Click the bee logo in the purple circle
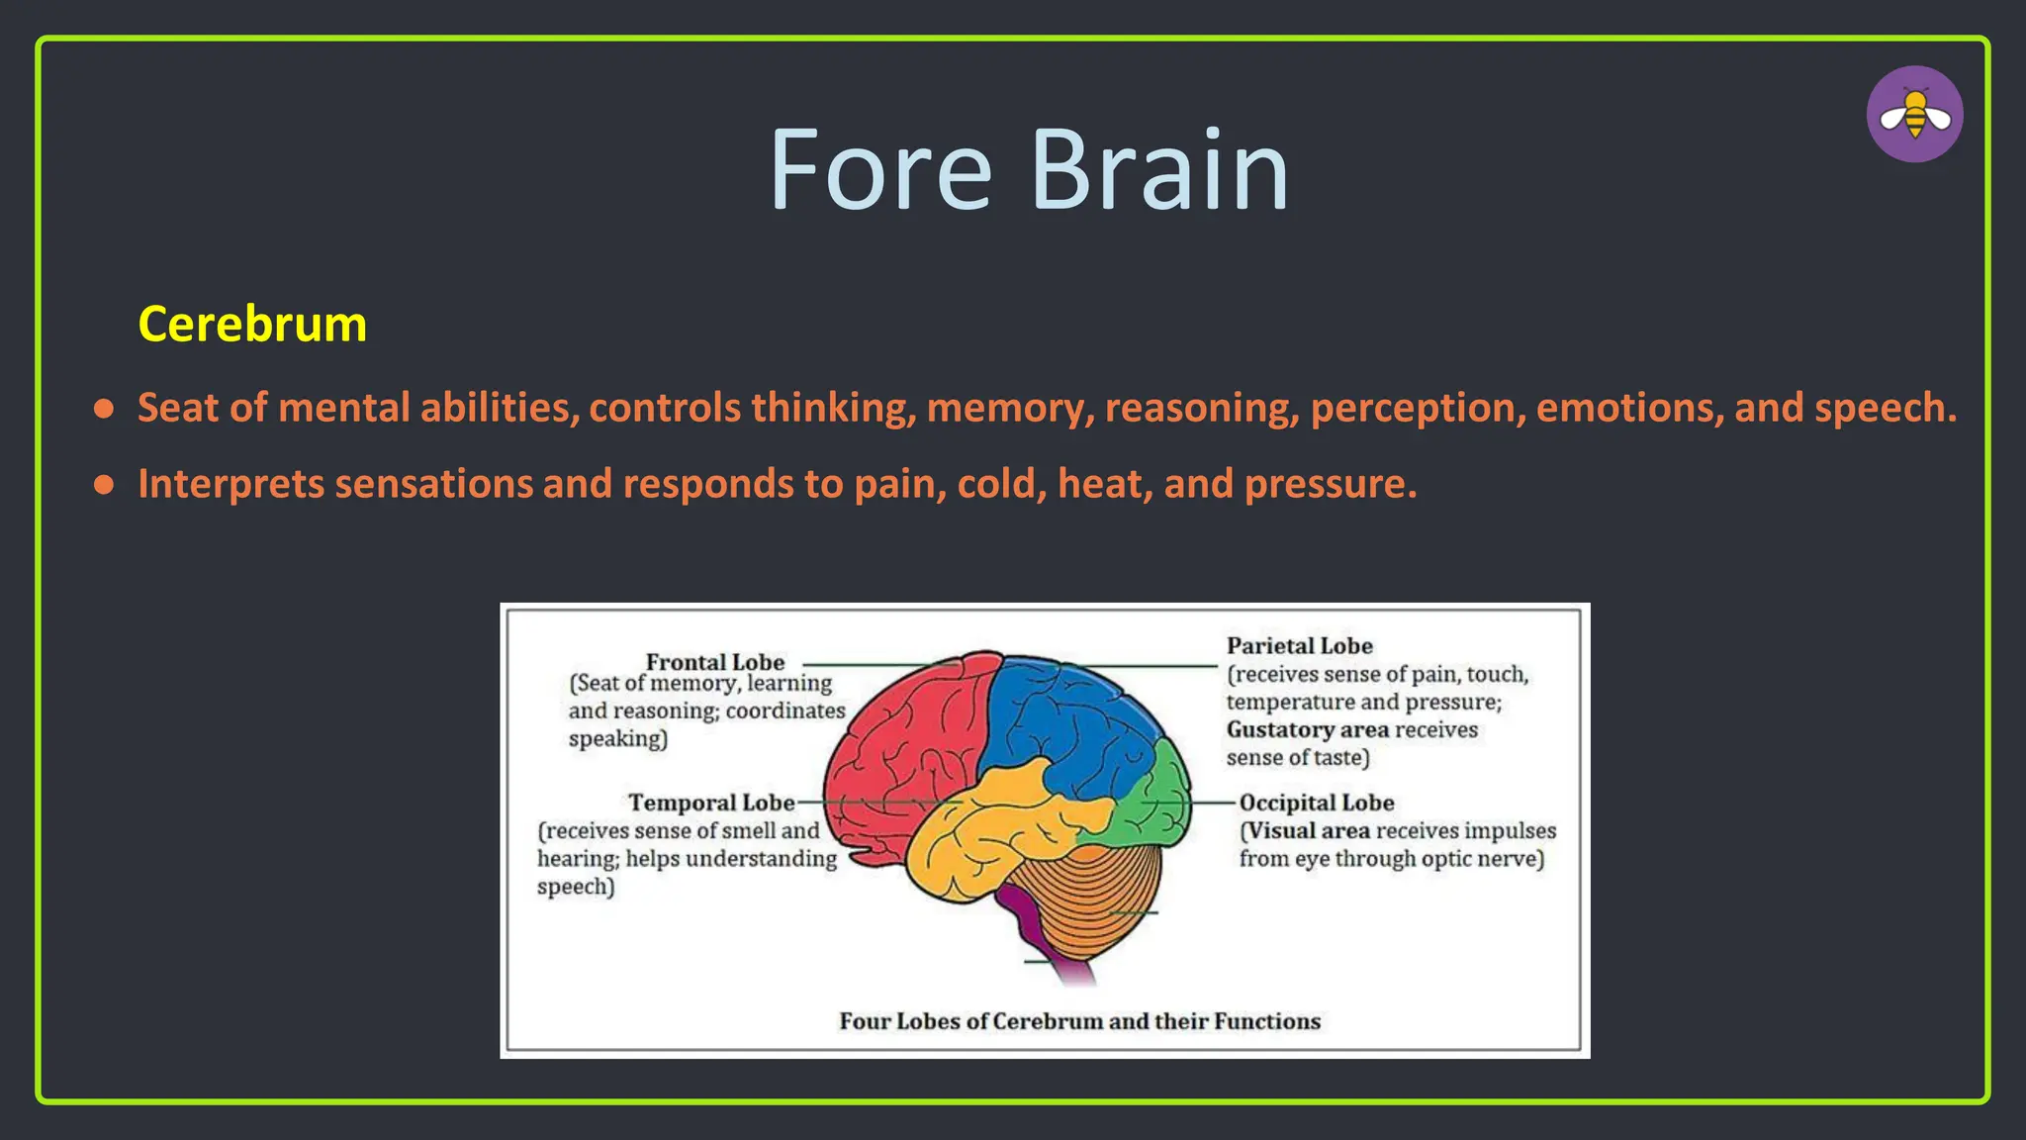click(1914, 114)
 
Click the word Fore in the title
click(879, 170)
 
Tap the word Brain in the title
click(1159, 170)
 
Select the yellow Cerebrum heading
click(252, 324)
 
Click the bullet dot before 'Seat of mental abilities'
click(104, 409)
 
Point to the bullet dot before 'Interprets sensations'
click(104, 485)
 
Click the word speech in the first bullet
click(1883, 408)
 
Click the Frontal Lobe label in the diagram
click(714, 662)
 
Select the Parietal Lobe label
click(1299, 646)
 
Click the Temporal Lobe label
click(711, 803)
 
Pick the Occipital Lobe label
click(1316, 803)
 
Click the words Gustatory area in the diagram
click(1307, 730)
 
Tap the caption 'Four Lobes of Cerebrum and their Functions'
click(1079, 1021)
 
